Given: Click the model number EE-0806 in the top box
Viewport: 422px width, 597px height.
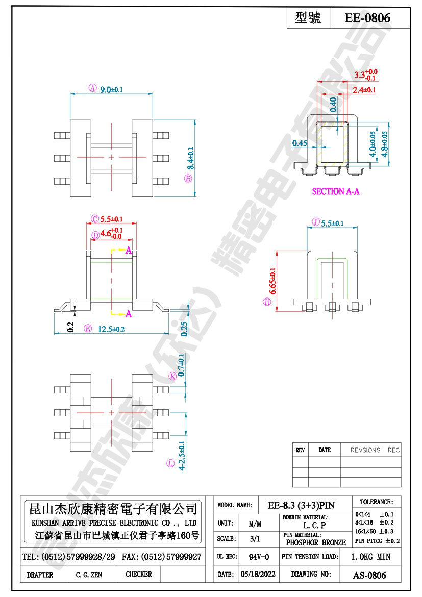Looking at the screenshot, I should pyautogui.click(x=367, y=18).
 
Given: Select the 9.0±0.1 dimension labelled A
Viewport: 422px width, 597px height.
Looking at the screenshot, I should pyautogui.click(x=111, y=89).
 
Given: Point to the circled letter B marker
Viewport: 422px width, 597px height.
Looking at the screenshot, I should pyautogui.click(x=188, y=178).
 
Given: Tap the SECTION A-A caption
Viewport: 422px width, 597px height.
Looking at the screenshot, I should pyautogui.click(x=335, y=192).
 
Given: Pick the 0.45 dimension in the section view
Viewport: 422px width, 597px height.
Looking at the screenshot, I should pyautogui.click(x=300, y=143).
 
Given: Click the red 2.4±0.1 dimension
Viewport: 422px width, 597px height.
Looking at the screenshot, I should pyautogui.click(x=364, y=90).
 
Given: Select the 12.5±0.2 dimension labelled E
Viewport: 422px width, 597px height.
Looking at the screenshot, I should pyautogui.click(x=111, y=329).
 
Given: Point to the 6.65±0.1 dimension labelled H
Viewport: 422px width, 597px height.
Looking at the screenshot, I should pyautogui.click(x=273, y=281).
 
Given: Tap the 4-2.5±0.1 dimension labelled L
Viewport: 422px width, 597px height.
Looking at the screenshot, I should pyautogui.click(x=182, y=456).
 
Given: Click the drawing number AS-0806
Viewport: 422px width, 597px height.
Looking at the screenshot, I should pyautogui.click(x=369, y=575).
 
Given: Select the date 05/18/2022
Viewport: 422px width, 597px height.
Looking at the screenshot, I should pyautogui.click(x=258, y=574).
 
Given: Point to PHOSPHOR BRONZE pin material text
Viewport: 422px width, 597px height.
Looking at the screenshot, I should pyautogui.click(x=316, y=542).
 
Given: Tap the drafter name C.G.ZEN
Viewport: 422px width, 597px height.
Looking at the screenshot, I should pyautogui.click(x=89, y=575).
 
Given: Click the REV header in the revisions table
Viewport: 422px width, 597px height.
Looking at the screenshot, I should pyautogui.click(x=300, y=450).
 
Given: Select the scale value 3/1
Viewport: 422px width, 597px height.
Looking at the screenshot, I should pyautogui.click(x=254, y=539).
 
